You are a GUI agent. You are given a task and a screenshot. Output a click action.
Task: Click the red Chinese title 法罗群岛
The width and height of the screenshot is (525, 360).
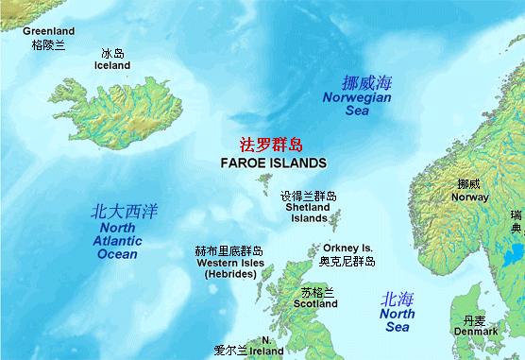pos(268,145)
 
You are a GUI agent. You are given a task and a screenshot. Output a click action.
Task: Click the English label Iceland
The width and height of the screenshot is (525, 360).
pos(113,65)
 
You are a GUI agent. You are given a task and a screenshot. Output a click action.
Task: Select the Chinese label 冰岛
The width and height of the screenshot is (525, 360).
pos(112,53)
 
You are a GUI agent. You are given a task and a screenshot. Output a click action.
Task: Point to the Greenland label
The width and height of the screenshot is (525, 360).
pos(48,31)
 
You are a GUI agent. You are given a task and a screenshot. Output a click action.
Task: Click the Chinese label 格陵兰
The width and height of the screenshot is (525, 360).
pos(48,43)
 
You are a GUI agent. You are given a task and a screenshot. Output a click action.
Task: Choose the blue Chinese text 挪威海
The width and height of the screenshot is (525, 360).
pos(364,83)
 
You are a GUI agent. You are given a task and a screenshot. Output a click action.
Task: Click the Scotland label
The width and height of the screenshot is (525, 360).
pos(315,304)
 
